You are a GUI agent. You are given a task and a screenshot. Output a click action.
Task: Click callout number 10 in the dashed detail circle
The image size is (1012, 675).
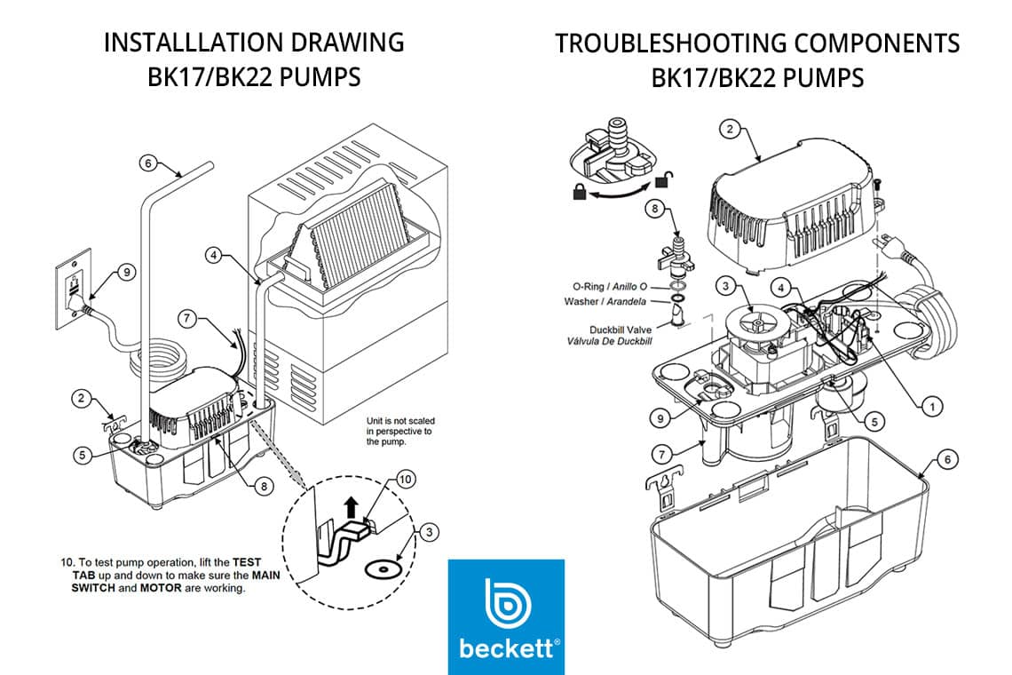[406, 479]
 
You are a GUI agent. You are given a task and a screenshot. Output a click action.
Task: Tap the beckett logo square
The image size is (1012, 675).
[506, 616]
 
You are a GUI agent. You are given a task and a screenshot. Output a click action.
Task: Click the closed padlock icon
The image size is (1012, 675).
[579, 191]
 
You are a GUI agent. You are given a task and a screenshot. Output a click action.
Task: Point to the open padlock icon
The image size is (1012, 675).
[661, 181]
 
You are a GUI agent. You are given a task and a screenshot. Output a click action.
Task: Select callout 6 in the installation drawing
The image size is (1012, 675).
[148, 163]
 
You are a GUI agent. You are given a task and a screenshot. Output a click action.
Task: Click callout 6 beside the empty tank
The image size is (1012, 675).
[947, 459]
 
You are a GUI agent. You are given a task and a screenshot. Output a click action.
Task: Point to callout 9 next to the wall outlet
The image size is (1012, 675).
[127, 273]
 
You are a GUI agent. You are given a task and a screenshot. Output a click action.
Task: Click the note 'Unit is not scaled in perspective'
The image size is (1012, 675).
[399, 431]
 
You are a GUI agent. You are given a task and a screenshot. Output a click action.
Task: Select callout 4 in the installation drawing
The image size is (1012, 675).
[214, 255]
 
